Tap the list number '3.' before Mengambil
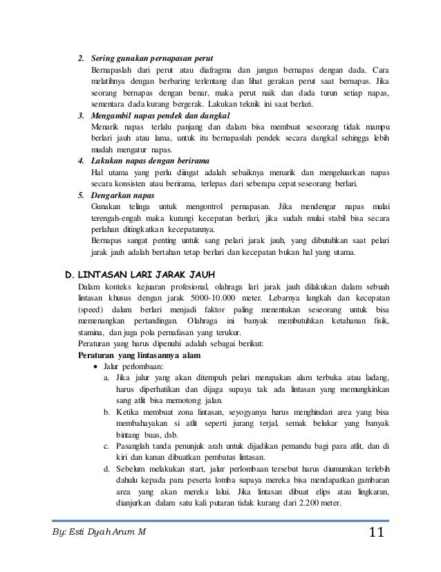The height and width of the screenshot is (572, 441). [x=81, y=115]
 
